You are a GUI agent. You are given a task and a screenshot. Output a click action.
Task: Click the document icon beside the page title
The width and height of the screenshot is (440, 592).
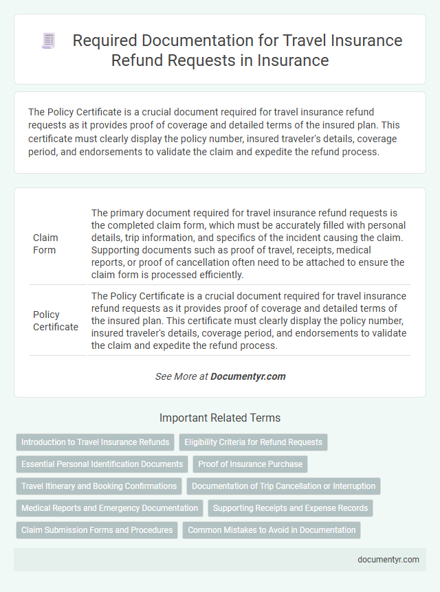(49, 41)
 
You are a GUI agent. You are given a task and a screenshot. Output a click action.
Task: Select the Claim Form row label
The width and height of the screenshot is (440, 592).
(45, 244)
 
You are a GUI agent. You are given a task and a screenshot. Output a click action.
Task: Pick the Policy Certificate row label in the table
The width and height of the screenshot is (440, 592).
(56, 320)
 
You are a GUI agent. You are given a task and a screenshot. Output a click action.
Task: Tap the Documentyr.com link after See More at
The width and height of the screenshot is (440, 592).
(247, 376)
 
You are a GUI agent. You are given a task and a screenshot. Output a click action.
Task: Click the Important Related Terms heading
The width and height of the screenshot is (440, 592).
(220, 418)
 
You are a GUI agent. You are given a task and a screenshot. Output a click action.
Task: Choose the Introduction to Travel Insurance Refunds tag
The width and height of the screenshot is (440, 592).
(95, 442)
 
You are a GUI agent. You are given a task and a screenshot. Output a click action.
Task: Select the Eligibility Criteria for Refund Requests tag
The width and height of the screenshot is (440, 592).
(253, 442)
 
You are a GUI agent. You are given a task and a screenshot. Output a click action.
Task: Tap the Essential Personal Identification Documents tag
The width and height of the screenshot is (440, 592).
(102, 464)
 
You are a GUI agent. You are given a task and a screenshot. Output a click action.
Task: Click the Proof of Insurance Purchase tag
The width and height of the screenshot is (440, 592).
(250, 464)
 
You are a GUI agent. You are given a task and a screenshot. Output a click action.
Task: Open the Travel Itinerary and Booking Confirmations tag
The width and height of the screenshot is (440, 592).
(99, 486)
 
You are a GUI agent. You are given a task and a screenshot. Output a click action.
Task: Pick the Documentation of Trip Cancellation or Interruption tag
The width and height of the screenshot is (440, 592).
(283, 486)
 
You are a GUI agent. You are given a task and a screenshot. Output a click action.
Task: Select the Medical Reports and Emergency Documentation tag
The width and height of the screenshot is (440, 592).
(109, 508)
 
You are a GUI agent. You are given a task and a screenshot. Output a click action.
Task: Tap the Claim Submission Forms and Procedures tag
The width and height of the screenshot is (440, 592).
(96, 530)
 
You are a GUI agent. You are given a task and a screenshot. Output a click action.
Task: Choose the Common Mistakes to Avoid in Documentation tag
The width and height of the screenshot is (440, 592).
(272, 530)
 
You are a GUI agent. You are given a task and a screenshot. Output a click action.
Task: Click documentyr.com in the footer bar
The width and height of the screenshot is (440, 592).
(388, 560)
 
